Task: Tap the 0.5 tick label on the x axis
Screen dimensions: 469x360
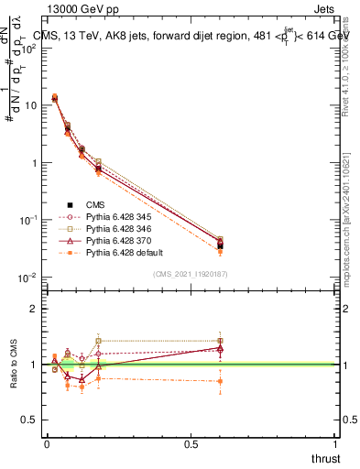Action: (191, 444)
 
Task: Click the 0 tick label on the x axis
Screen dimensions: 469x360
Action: (47, 444)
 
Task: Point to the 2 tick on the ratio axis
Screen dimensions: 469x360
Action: (35, 309)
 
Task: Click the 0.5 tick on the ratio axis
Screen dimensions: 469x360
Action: (31, 420)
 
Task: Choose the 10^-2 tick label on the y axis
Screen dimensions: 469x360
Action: (29, 278)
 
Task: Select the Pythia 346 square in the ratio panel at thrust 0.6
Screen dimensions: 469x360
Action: (219, 341)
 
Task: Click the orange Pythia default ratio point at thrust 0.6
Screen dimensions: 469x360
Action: (219, 381)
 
